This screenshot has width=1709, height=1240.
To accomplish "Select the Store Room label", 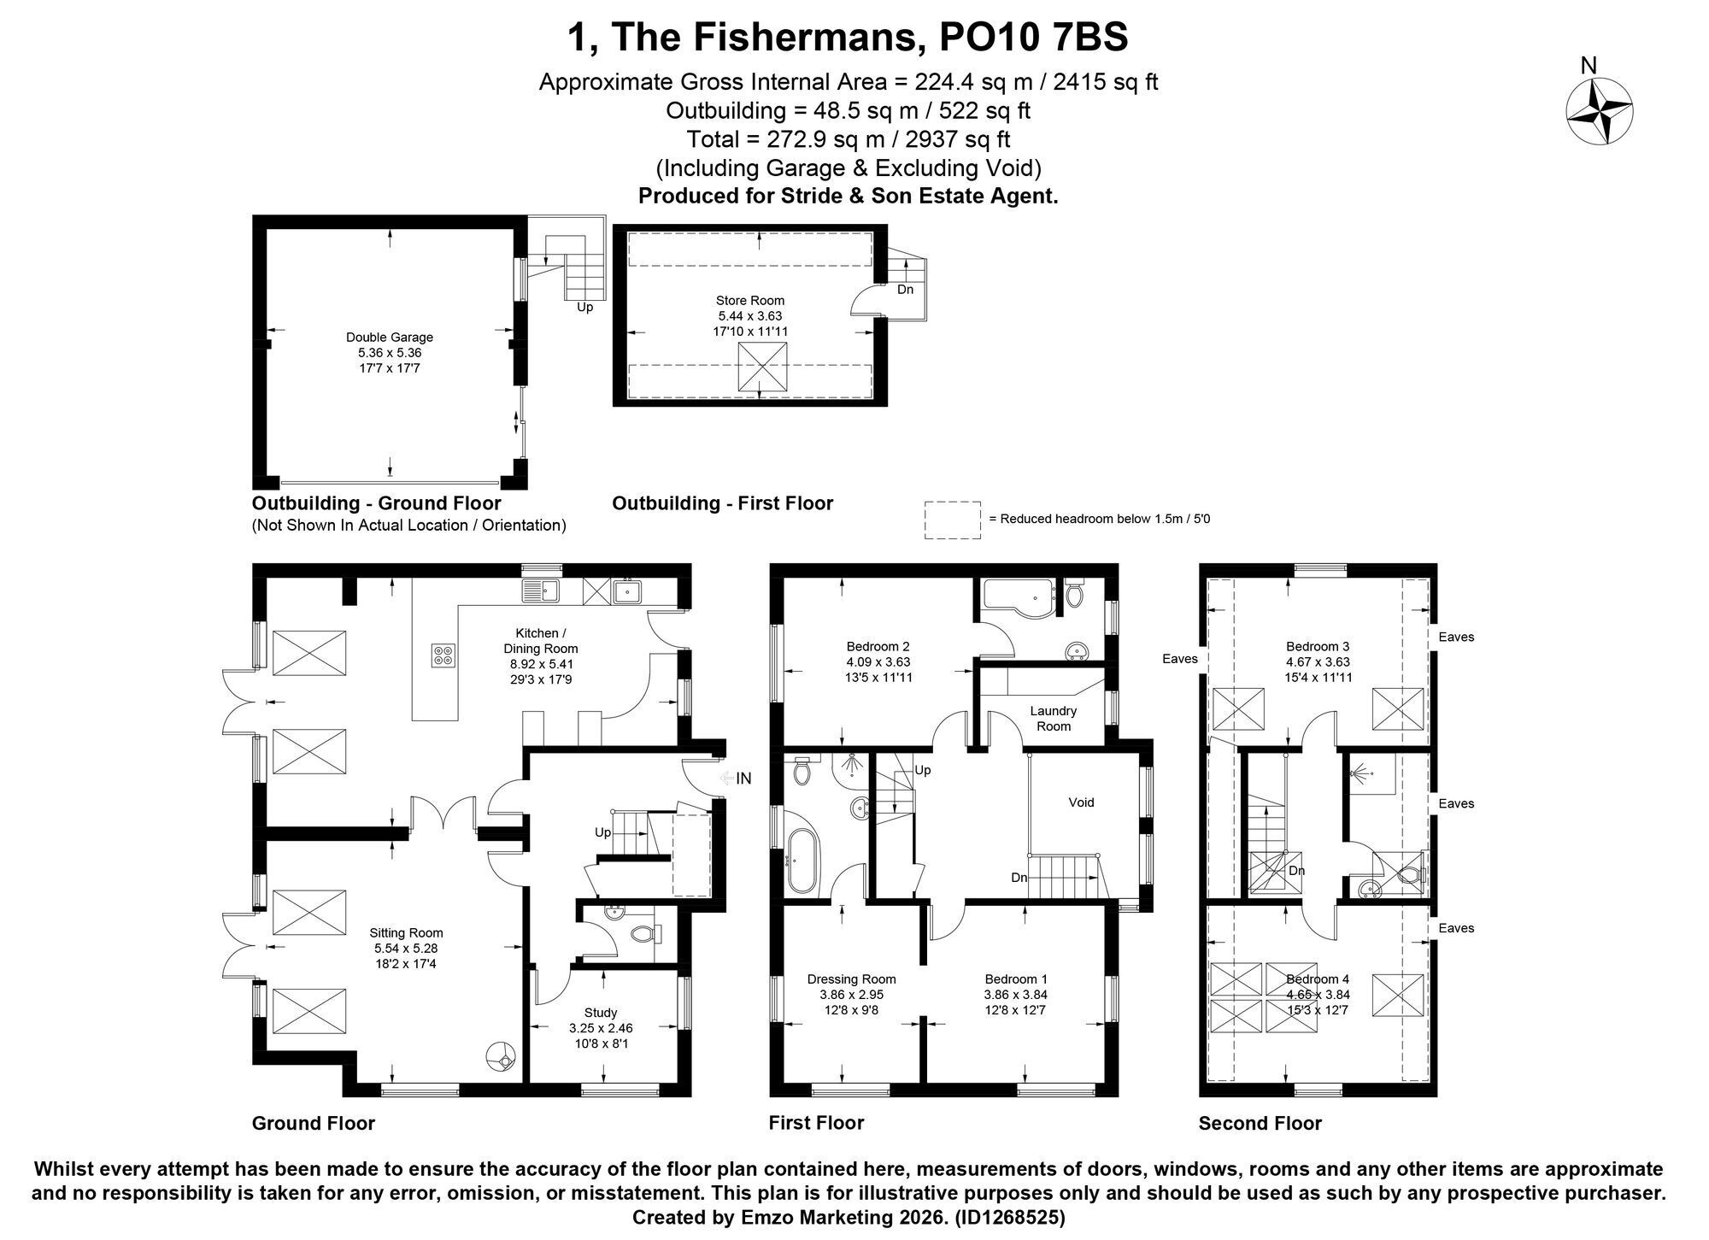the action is coord(750,315).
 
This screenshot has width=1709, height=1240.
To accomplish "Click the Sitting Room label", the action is coord(406,948).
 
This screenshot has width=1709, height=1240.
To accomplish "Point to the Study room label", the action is coord(601,1028).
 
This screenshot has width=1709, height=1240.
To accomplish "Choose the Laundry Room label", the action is coord(1053,719).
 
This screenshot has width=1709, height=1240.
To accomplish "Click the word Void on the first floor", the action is coord(1081,802).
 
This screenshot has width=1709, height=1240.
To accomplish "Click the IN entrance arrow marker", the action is coord(736,779).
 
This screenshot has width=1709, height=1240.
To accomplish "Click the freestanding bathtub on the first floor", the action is coord(799,861).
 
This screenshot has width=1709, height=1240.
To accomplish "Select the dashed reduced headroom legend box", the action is coord(952,520).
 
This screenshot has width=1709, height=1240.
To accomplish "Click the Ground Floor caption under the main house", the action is coord(313,1123).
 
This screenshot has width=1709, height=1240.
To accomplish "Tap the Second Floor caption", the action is coord(1260,1123).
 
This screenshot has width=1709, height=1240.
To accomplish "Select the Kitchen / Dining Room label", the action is coord(540,656).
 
